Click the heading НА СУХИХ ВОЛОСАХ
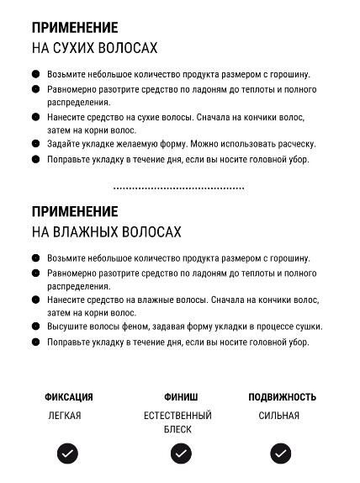[94, 48]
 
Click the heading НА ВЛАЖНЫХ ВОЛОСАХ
[107, 231]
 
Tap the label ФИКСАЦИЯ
[69, 397]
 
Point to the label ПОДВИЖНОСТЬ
[282, 397]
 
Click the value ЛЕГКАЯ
[65, 416]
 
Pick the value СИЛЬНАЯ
[278, 416]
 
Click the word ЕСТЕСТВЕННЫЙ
[177, 416]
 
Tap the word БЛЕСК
[177, 429]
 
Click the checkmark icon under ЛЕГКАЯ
[68, 454]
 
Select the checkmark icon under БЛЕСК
[181, 454]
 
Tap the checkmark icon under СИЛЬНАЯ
[281, 454]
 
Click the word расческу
[294, 145]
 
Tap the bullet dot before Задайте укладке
[36, 145]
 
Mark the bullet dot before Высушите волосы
[36, 328]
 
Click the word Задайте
[66, 145]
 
